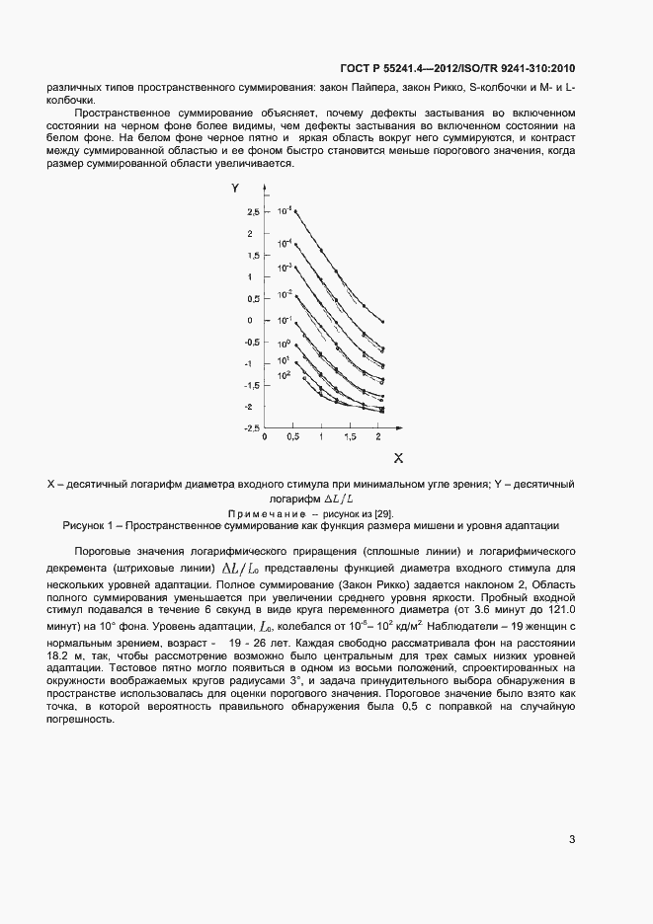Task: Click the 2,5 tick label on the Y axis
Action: tap(253, 212)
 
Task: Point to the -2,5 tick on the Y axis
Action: tap(252, 428)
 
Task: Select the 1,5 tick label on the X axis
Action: tap(350, 435)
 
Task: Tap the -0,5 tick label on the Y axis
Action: tap(252, 343)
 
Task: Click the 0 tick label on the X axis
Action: tap(267, 435)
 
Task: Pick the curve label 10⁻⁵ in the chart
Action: tap(285, 211)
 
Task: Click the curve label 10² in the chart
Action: tap(284, 375)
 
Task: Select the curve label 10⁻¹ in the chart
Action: tap(285, 320)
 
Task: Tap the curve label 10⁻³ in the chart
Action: tap(285, 268)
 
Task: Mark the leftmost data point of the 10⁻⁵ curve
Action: tap(295, 210)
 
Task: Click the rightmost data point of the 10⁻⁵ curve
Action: tap(382, 322)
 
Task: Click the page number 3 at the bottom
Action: tap(572, 840)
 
